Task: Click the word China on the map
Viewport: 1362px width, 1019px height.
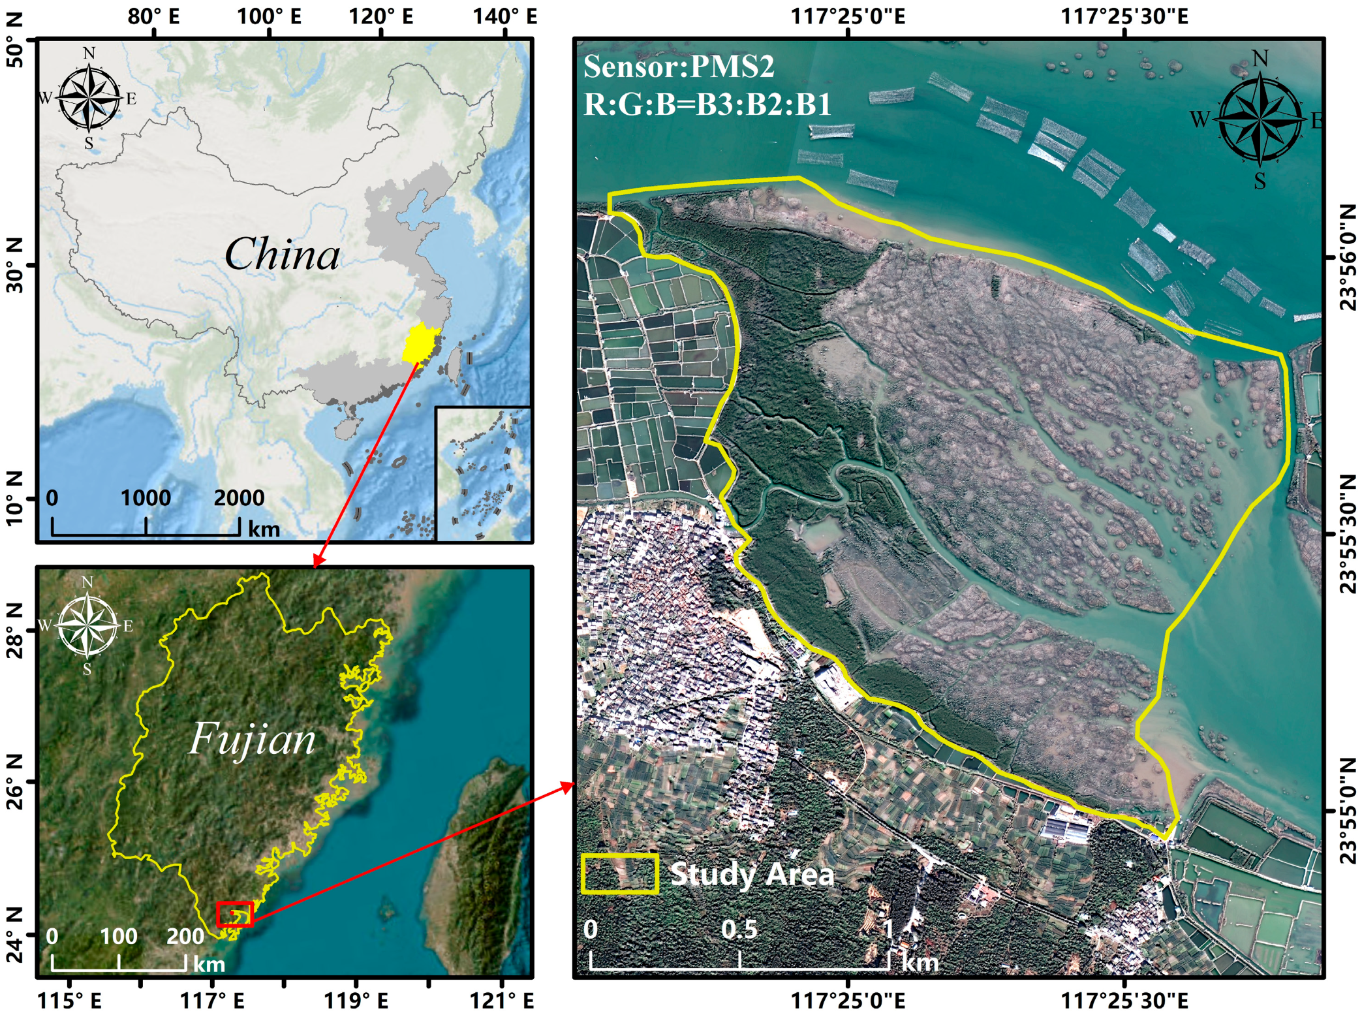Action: (x=282, y=254)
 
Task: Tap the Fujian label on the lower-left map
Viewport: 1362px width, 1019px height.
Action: (x=252, y=740)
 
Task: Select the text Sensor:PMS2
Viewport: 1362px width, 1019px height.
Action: (x=679, y=67)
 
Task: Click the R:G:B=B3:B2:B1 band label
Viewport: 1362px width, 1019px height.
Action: (x=707, y=104)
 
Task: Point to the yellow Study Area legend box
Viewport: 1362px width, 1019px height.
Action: (x=619, y=874)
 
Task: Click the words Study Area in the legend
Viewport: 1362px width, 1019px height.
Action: (x=752, y=874)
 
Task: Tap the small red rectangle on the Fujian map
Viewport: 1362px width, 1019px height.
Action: (x=234, y=915)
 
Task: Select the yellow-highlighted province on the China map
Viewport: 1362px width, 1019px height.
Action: (x=420, y=342)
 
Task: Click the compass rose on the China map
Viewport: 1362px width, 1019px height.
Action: (x=89, y=99)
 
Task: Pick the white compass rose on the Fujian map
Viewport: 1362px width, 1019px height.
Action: (x=87, y=625)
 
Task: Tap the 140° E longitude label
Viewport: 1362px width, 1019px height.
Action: (x=504, y=16)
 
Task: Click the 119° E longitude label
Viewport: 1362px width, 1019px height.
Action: (x=356, y=1000)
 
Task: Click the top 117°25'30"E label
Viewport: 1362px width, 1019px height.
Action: (x=1124, y=16)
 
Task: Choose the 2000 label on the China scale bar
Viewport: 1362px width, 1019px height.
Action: (x=239, y=498)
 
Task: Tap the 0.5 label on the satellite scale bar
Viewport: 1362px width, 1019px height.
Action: (x=739, y=930)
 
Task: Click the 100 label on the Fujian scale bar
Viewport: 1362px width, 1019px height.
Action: (x=118, y=937)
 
